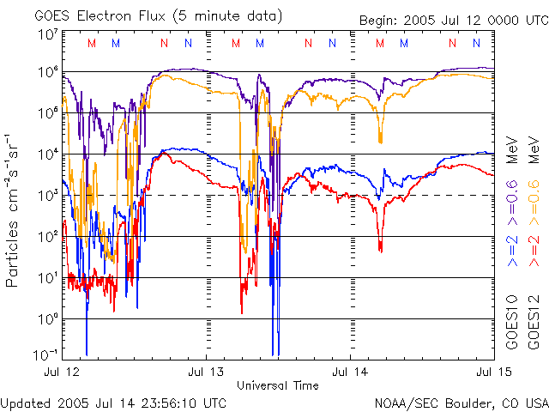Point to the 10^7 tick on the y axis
click(46, 35)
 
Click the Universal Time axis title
click(278, 385)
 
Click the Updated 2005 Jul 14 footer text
click(114, 402)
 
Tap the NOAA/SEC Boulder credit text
click(462, 402)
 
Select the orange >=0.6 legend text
click(533, 198)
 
